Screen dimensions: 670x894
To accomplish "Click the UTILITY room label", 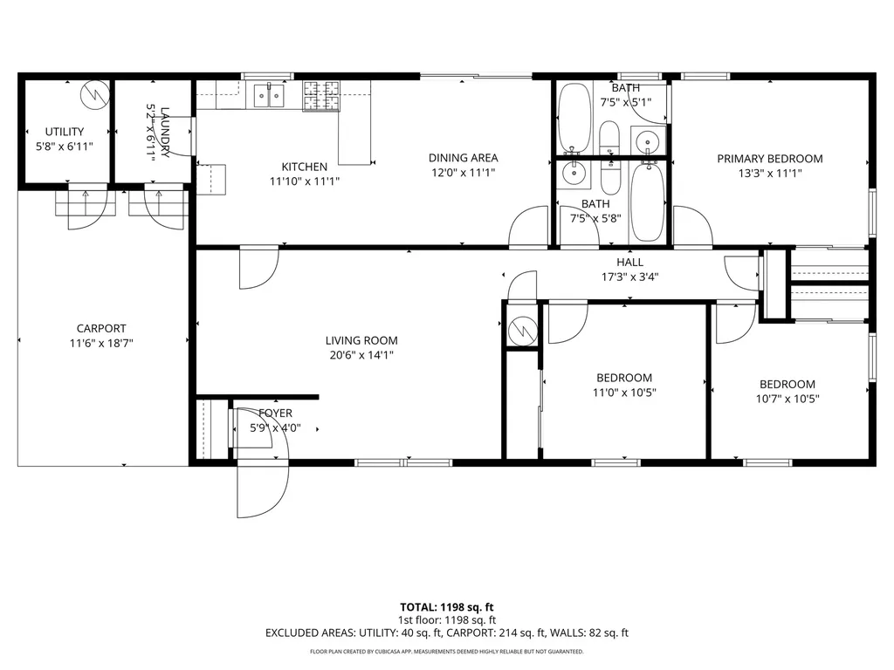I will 65,132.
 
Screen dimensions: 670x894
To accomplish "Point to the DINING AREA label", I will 463,158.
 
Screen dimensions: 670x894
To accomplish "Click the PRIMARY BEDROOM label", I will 770,159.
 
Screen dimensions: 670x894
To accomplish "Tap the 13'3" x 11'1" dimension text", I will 770,173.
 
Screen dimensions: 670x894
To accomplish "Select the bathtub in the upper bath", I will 574,117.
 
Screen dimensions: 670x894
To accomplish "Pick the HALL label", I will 629,262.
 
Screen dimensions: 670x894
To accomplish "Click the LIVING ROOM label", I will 361,341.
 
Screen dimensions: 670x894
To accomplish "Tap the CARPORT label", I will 101,329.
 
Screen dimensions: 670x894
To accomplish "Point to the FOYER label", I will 276,414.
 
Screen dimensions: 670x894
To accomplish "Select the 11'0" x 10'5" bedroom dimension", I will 624,393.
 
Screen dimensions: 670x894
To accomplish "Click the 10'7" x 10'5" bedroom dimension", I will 787,399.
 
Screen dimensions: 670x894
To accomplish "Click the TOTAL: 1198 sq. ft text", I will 446,607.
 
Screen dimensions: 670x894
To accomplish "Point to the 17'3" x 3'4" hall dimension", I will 629,277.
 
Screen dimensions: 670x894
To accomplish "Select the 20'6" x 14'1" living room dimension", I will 361,355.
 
